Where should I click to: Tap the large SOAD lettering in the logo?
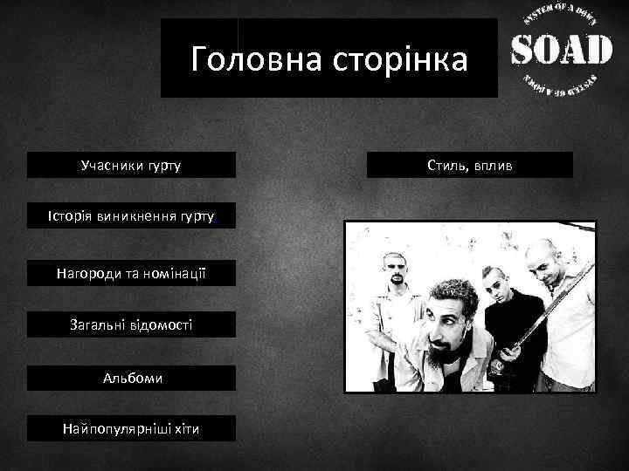tap(560, 50)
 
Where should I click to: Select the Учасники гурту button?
tap(131, 165)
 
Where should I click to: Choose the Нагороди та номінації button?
tap(131, 275)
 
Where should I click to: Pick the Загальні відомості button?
tap(131, 324)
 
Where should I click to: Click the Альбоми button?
tap(131, 379)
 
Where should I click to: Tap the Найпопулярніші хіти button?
tap(131, 428)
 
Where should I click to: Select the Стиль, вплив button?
tap(470, 165)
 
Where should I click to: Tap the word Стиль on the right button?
tap(446, 165)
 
